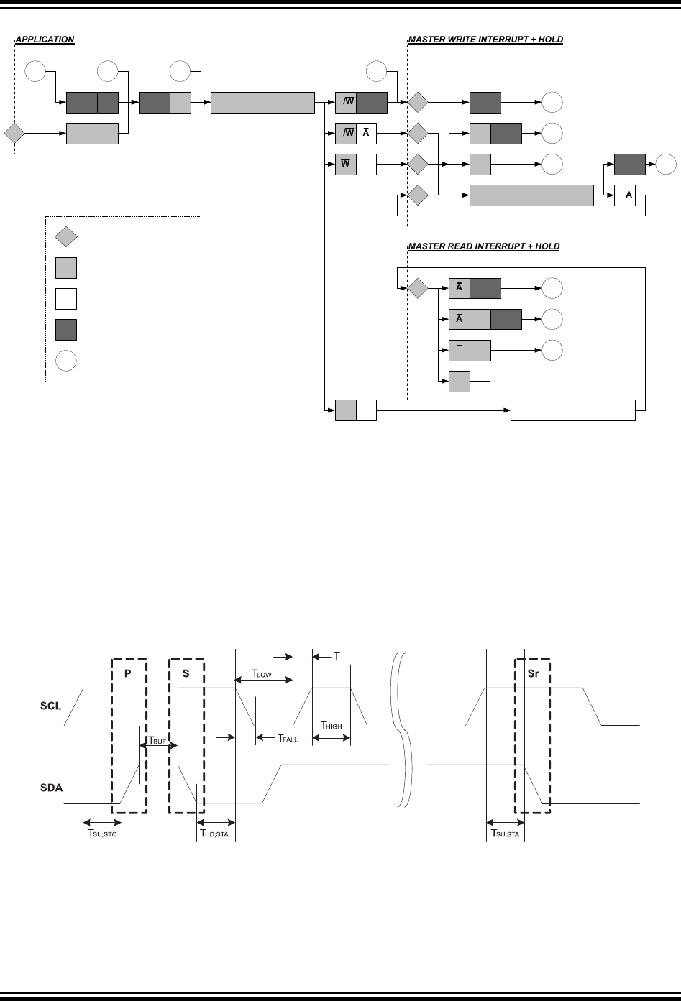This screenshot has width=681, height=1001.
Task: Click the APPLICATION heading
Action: coord(45,40)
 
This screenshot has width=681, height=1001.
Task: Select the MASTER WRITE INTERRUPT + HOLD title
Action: coord(485,40)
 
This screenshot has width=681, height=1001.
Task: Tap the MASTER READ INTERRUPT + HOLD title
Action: coord(484,246)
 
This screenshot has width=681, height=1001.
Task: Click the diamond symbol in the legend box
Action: coord(66,237)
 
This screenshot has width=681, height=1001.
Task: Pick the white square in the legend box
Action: coord(66,298)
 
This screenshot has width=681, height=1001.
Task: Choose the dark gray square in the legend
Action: coord(66,330)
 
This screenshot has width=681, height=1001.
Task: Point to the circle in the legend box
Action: coord(66,361)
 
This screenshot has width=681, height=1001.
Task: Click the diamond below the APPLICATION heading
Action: coord(14,134)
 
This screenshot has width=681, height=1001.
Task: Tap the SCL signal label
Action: coord(50,706)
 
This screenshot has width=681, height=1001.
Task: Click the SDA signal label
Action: coord(50,788)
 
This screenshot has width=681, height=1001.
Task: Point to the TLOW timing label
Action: coord(261,674)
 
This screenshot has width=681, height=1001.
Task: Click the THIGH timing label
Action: coord(332,726)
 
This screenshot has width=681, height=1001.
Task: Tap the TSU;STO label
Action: coord(101,834)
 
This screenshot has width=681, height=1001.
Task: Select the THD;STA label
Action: coord(214,834)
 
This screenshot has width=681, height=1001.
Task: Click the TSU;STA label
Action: coord(505,834)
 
